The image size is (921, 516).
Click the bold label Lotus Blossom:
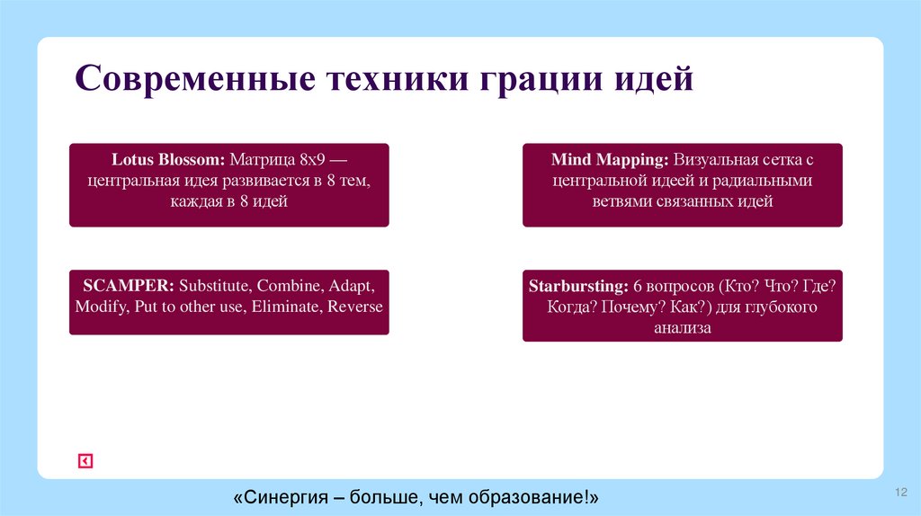point(168,160)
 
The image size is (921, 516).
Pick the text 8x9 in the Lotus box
point(311,160)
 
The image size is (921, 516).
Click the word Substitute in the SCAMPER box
point(214,286)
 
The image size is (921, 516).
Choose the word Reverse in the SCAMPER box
point(355,307)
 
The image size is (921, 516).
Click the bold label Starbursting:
point(577,287)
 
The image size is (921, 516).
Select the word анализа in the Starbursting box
point(683,328)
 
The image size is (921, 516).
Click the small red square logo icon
point(85,461)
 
